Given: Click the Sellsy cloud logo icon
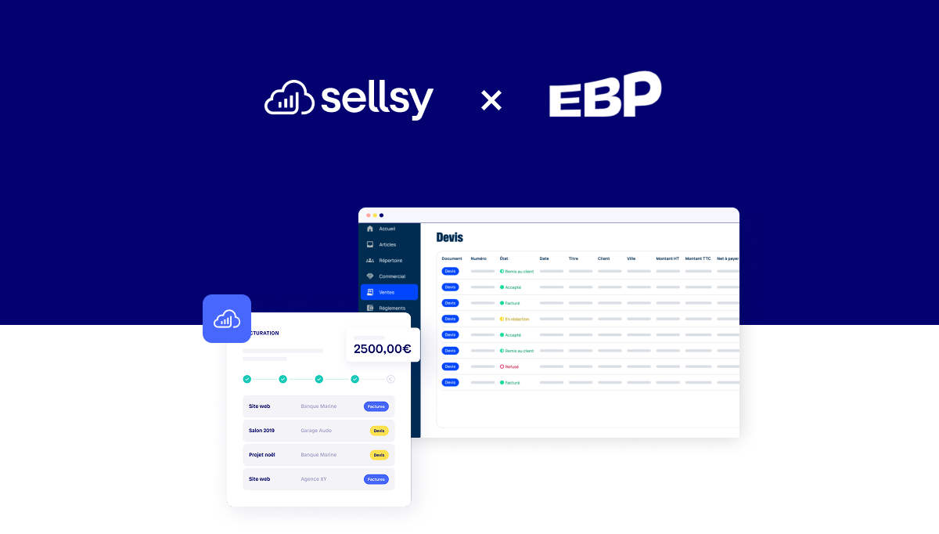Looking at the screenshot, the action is (x=289, y=99).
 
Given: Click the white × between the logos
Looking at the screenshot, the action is (x=491, y=100).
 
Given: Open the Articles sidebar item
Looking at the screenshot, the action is (x=387, y=245).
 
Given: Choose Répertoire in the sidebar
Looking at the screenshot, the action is (x=390, y=261).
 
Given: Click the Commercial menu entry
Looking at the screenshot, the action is (x=391, y=276).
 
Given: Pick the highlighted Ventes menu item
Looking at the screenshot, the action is (x=389, y=292).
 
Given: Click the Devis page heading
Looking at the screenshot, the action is (x=450, y=237).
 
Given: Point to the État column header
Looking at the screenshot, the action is (x=504, y=258).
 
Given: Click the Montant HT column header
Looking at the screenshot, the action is (x=667, y=258).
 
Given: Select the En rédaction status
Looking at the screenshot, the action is (x=516, y=319).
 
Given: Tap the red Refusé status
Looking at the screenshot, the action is (x=511, y=366).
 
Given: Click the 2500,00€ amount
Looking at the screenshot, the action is (x=382, y=349).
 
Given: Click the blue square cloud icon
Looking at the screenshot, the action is (x=227, y=319).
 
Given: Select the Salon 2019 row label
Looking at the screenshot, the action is (x=261, y=431).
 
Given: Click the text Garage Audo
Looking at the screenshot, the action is (x=316, y=431).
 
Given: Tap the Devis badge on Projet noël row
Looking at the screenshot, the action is (x=379, y=455).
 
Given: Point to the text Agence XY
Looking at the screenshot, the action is (x=314, y=479).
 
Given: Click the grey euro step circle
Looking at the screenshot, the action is (x=390, y=379).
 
